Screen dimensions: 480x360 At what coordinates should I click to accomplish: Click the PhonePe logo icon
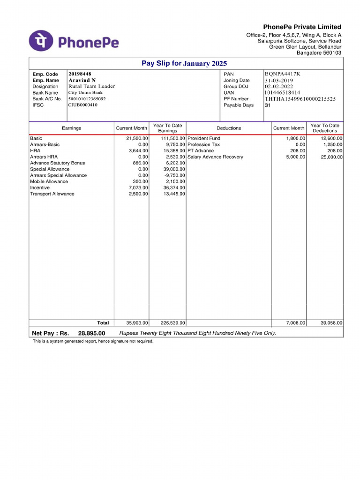[x=41, y=41]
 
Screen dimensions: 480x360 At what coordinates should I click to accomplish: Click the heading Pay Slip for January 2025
[x=184, y=63]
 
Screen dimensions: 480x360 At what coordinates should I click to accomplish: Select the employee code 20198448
[x=80, y=74]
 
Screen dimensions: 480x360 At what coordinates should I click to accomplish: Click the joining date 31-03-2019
[x=279, y=80]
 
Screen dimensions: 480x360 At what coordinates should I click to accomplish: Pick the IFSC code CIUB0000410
[x=83, y=105]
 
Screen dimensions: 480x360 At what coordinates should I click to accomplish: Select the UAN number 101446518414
[x=283, y=93]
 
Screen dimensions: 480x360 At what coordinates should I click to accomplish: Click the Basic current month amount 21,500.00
[x=137, y=139]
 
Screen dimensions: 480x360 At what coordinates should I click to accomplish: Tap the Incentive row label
[x=40, y=187]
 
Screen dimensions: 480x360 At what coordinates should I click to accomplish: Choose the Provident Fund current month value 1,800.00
[x=296, y=139]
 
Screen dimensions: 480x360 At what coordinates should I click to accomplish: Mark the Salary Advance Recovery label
[x=215, y=157]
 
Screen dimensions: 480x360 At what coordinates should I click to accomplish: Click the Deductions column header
[x=229, y=128]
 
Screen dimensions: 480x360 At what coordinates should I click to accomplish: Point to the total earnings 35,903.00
[x=137, y=323]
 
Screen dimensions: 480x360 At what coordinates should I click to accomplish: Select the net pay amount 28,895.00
[x=92, y=333]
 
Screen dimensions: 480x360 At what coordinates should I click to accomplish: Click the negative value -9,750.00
[x=175, y=175]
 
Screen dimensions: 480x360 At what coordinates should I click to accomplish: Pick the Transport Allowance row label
[x=52, y=194]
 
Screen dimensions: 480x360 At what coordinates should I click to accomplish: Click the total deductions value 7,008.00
[x=296, y=323]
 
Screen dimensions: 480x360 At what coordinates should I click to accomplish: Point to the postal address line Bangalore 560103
[x=319, y=53]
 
